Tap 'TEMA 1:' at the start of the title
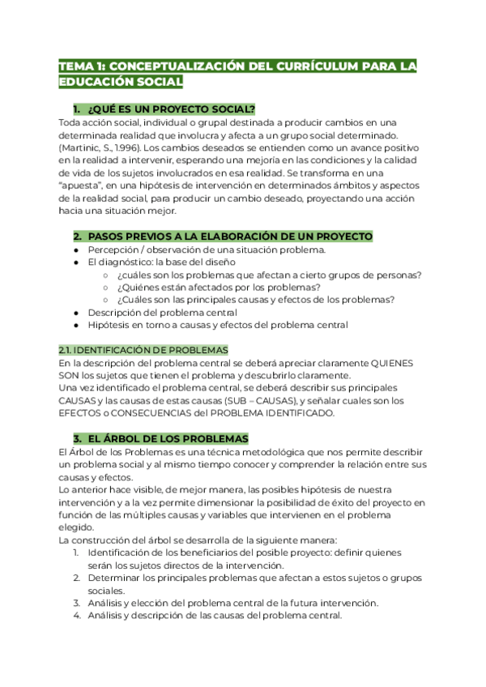[80, 66]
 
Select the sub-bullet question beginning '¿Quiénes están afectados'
[218, 287]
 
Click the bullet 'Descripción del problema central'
[162, 312]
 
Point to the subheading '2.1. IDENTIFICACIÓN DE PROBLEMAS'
[143, 349]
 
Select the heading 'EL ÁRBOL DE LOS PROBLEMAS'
[162, 437]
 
